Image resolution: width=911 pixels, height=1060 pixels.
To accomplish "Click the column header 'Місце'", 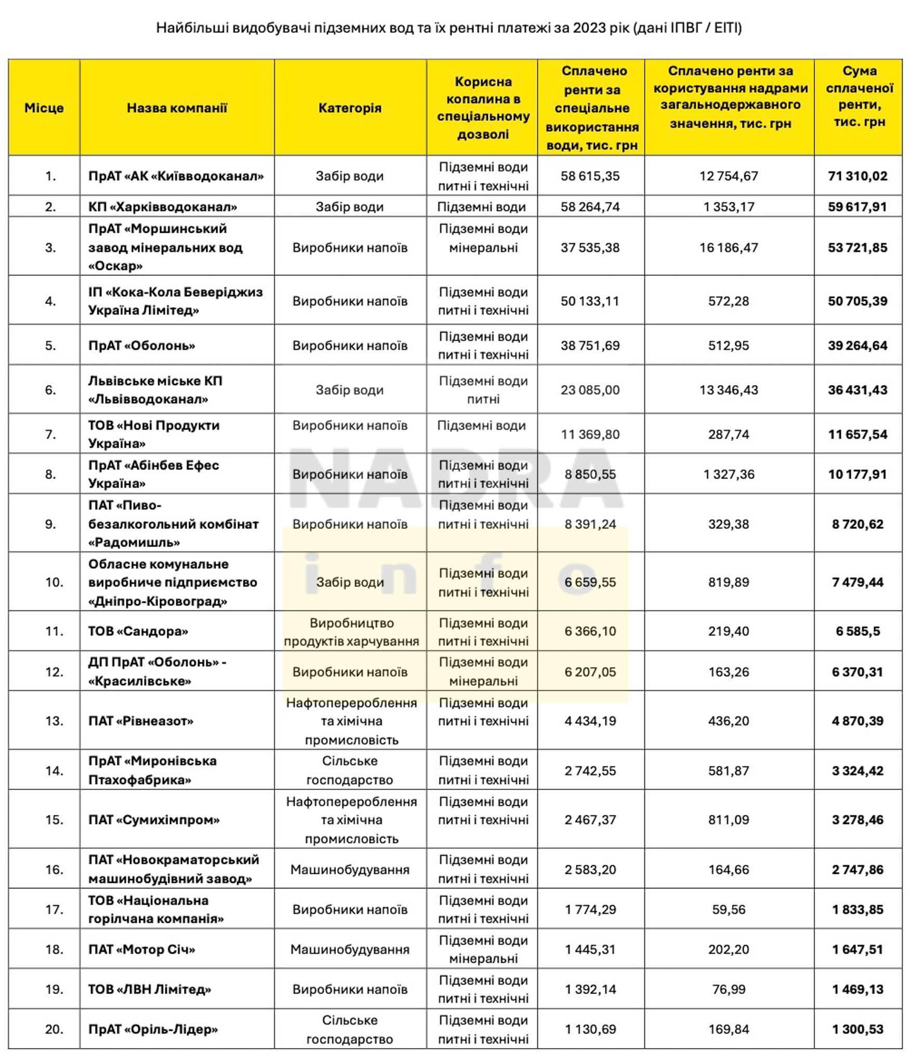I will tap(44, 108).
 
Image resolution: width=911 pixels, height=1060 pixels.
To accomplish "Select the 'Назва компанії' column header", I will tap(177, 108).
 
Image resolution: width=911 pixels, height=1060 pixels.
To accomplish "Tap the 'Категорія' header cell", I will tap(350, 108).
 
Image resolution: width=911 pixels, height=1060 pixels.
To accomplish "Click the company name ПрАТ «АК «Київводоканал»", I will tap(176, 176).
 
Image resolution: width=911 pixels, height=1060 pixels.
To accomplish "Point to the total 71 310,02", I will tap(857, 176).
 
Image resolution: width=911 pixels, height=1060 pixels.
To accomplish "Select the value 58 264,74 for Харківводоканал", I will tap(590, 207).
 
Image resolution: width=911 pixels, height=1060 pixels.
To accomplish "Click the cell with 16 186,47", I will tap(729, 247).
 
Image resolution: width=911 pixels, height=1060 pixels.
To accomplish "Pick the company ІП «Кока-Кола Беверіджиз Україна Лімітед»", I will tap(175, 301).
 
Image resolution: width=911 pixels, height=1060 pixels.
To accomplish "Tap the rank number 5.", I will tap(50, 346).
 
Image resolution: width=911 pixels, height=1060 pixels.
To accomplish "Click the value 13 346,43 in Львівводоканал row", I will tap(729, 390).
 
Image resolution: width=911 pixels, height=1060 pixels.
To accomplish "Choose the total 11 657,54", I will tap(857, 434).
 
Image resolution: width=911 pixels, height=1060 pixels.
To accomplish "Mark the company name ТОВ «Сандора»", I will tap(138, 631).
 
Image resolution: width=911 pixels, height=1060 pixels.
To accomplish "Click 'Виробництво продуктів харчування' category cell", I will tap(351, 632).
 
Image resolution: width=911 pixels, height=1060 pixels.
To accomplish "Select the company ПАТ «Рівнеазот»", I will tap(141, 721).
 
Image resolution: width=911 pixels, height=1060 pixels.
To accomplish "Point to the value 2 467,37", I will tap(590, 820).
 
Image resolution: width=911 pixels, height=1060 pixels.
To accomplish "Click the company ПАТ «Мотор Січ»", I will tap(142, 950).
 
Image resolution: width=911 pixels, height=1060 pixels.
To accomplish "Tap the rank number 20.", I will tap(54, 1029).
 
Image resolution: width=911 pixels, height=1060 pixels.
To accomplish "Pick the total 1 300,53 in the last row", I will tap(857, 1029).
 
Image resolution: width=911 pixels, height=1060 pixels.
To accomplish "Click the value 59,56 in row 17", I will tap(729, 910).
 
